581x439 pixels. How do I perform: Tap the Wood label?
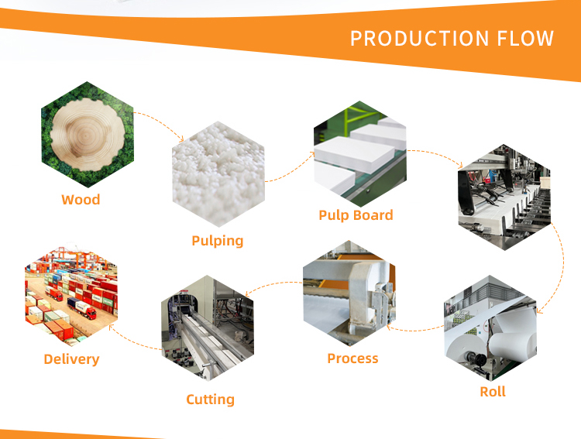(81, 200)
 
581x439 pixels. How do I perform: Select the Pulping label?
(218, 241)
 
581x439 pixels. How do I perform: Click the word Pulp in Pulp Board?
(334, 215)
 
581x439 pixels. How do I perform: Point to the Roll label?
(493, 392)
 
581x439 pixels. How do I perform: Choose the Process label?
(352, 358)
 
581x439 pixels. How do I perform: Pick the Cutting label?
(210, 400)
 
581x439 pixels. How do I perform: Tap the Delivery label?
(71, 359)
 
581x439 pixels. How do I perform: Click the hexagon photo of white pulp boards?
(359, 156)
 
